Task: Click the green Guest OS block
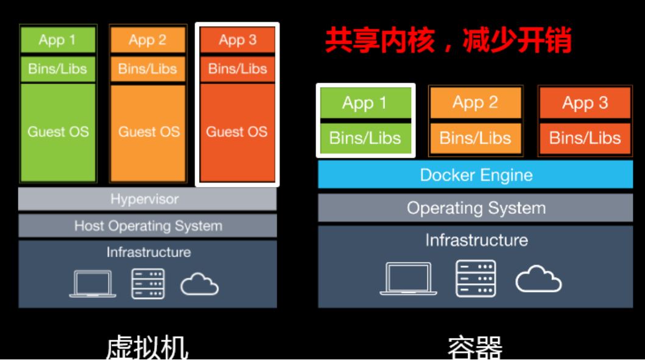coord(58,132)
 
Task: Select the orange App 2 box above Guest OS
coord(147,40)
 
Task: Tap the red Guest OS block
coord(237,132)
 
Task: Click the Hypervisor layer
coord(147,199)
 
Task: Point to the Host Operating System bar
coord(147,226)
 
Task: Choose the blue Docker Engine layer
coord(476,175)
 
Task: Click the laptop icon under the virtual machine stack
coord(93,284)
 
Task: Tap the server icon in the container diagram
coord(476,278)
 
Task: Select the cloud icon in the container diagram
coord(538,280)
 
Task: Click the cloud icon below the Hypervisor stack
coord(200,284)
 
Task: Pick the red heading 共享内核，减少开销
coord(448,41)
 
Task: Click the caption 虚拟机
coord(147,347)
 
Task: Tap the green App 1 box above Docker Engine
coord(365,103)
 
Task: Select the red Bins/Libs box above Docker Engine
coord(585,138)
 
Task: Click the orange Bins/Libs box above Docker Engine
coord(476,138)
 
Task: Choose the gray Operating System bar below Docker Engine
coord(476,208)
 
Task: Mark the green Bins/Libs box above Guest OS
coord(58,69)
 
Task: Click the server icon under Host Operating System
coord(148,283)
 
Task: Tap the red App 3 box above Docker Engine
coord(585,103)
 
